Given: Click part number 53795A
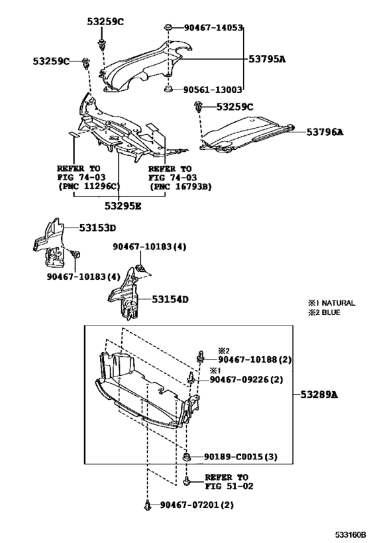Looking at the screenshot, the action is [267, 59].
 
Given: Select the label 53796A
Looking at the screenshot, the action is [325, 132].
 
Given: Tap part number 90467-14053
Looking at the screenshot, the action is [213, 27].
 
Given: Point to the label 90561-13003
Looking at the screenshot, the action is [213, 90].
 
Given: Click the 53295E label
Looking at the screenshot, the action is [123, 206].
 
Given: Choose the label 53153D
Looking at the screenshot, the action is [97, 228].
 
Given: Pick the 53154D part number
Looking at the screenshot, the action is [170, 299].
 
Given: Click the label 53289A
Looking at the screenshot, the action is [319, 394].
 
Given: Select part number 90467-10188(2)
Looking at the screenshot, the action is [254, 360].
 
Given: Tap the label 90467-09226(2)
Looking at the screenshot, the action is [246, 379].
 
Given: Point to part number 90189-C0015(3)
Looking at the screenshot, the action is [241, 457].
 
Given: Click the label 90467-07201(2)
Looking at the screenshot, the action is [197, 505].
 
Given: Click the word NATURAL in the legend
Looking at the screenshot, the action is [339, 303].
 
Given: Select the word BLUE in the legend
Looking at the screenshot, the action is [331, 312].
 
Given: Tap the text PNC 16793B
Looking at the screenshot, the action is [181, 187].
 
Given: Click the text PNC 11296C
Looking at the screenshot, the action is [89, 186].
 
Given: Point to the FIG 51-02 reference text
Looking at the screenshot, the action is [229, 486].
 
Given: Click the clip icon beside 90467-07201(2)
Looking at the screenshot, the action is [148, 505].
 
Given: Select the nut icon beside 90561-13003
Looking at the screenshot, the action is [168, 90].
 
